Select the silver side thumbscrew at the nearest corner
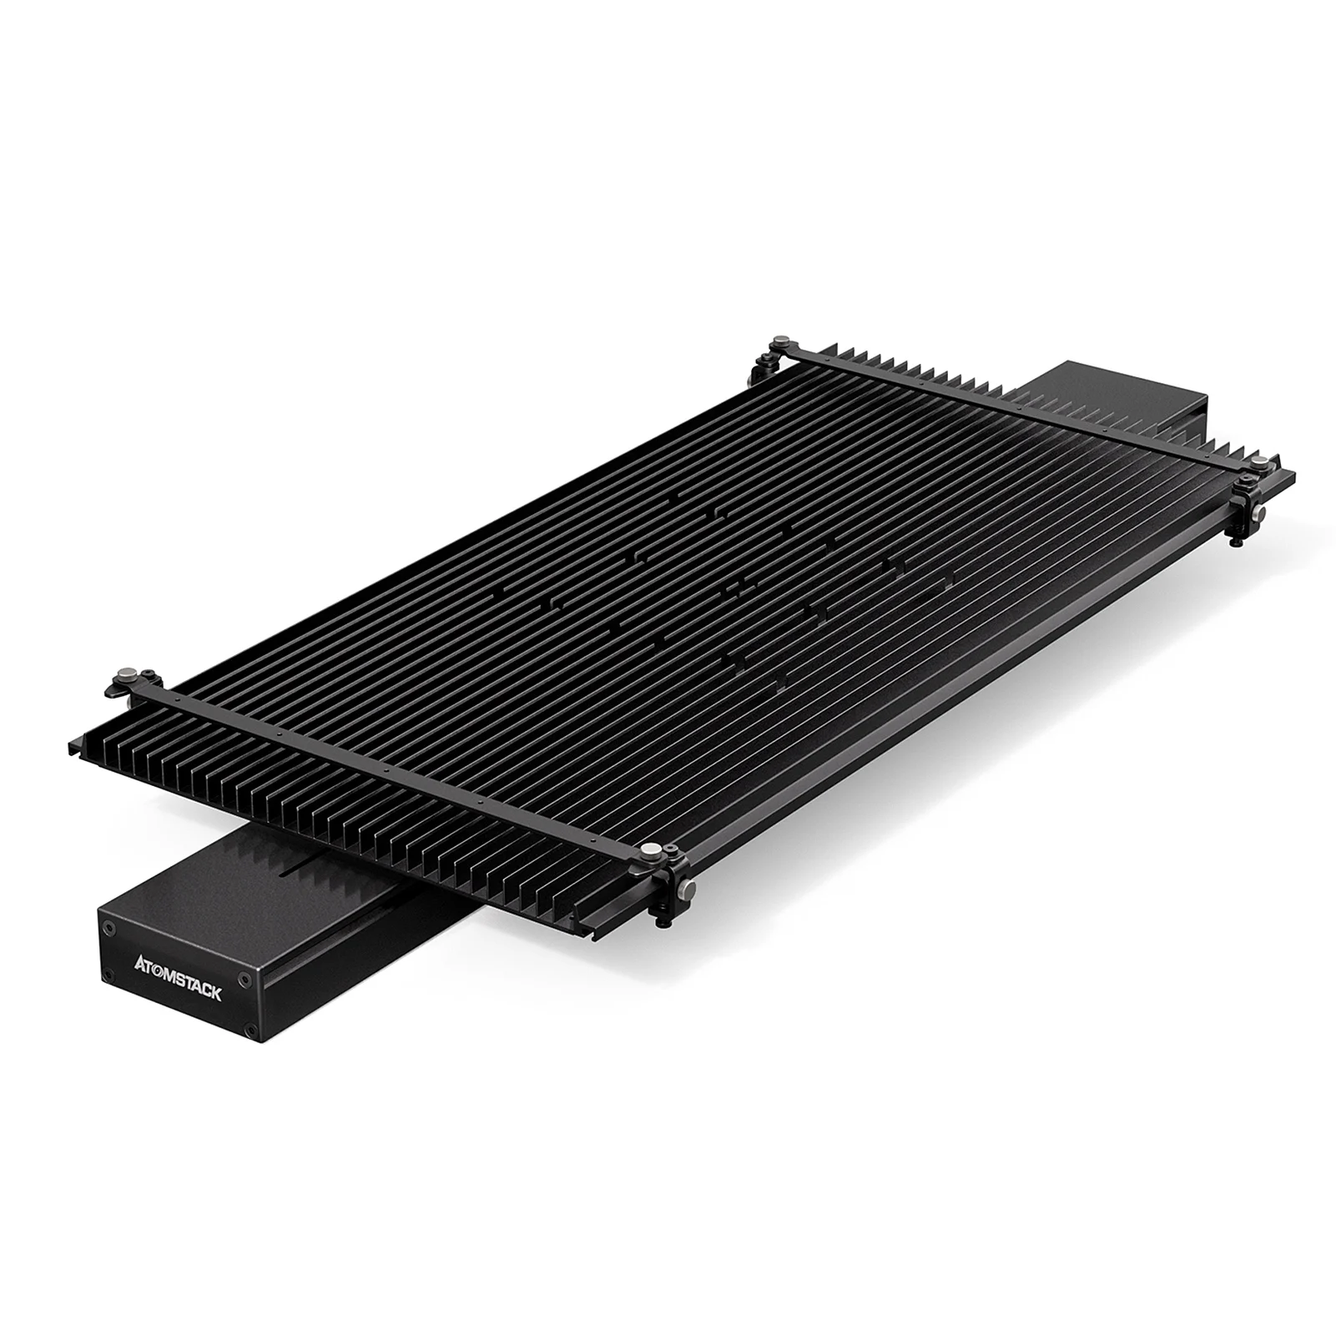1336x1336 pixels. click(x=684, y=891)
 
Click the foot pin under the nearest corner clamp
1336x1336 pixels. click(x=663, y=921)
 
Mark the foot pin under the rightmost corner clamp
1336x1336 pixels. click(x=1236, y=542)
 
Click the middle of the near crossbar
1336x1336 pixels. click(x=392, y=764)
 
